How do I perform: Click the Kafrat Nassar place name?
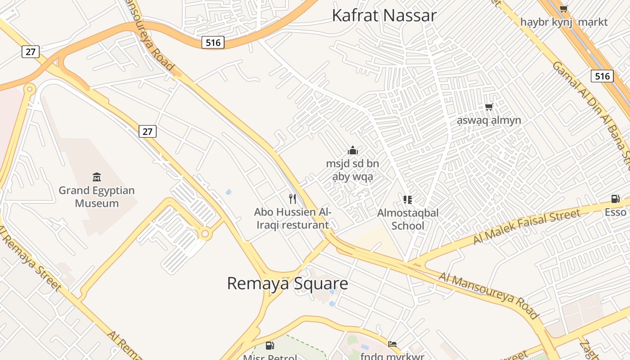(384, 15)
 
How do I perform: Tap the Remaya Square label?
(287, 283)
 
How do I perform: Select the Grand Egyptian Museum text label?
(97, 197)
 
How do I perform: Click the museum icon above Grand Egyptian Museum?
(96, 176)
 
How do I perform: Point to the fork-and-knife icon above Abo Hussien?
(292, 198)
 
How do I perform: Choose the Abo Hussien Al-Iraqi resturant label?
(292, 218)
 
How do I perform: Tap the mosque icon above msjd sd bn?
(353, 150)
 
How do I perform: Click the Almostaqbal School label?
(408, 219)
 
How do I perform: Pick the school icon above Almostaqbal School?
(408, 199)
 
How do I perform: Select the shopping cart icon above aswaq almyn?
(489, 107)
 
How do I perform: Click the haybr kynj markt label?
(563, 22)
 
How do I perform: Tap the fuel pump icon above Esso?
(615, 199)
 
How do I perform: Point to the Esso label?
(615, 212)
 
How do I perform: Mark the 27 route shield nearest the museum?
(148, 131)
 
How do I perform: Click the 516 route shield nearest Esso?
(602, 76)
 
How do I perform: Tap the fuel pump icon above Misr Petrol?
(270, 346)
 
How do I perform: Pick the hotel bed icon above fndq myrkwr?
(392, 344)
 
